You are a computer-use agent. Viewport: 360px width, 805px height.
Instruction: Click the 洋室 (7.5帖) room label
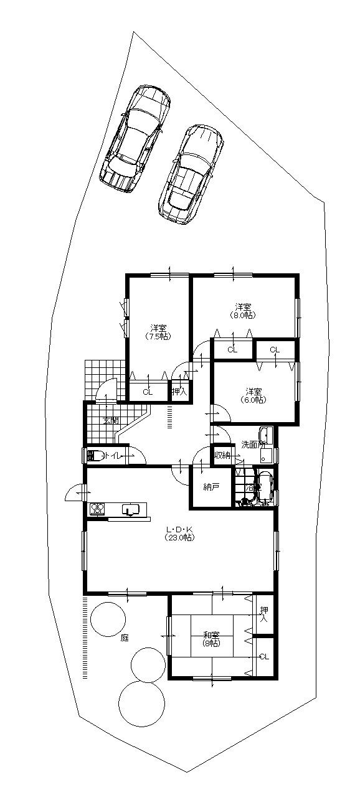(x=158, y=332)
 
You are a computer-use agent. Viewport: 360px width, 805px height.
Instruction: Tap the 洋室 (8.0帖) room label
(x=243, y=310)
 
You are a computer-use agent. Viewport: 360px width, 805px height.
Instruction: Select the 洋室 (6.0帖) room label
(x=253, y=395)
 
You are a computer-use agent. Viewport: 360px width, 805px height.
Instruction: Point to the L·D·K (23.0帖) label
(x=179, y=534)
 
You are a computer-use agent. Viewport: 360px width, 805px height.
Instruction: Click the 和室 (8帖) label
(x=211, y=638)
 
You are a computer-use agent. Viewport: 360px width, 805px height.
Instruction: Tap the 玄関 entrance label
(x=110, y=421)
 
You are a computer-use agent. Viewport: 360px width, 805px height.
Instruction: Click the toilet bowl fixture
(x=95, y=456)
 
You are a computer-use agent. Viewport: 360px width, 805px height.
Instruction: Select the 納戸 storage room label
(x=212, y=487)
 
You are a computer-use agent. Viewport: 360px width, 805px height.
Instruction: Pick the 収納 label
(x=222, y=456)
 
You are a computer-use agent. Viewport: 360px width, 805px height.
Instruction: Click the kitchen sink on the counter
(x=130, y=509)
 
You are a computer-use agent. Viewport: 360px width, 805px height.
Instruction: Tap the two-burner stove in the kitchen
(x=97, y=509)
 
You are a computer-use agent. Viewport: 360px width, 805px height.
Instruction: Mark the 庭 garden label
(x=125, y=638)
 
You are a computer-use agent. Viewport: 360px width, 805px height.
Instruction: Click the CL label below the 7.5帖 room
(x=148, y=392)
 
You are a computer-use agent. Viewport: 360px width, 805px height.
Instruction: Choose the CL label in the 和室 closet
(x=263, y=656)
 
